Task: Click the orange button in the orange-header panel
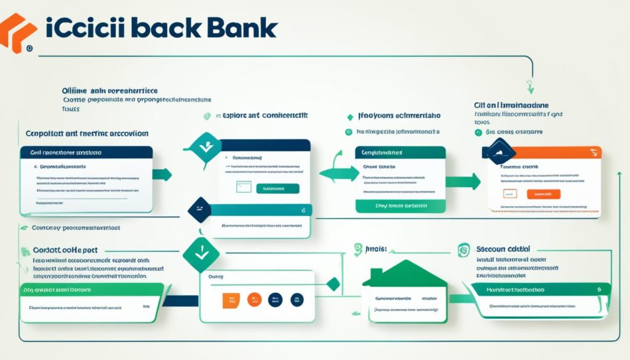[544, 194]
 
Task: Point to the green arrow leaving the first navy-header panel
[163, 174]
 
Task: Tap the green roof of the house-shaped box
[404, 274]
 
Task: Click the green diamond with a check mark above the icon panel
[199, 251]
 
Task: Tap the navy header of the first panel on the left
[86, 151]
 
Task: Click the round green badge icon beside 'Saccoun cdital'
[465, 249]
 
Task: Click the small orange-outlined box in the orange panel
[509, 193]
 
